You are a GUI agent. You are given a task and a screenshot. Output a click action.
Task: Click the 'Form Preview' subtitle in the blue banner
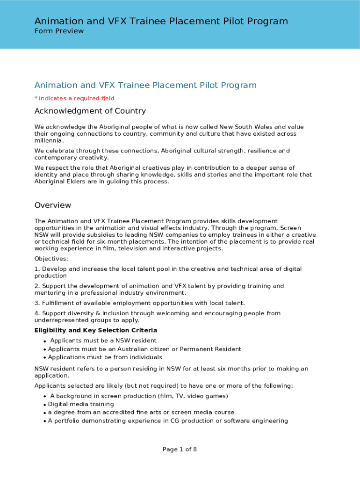coord(59,31)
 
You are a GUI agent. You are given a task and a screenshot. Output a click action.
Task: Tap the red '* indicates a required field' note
coord(74,98)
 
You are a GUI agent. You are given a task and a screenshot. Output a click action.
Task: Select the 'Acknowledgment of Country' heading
coord(90,111)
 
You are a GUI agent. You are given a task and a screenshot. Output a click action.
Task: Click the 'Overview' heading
coord(53,205)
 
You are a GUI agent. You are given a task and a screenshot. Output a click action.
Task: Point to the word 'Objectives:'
coord(51,259)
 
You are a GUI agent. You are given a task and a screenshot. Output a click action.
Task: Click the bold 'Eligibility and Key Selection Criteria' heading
coord(95,330)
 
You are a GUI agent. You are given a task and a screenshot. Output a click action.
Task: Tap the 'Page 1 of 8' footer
coord(180,450)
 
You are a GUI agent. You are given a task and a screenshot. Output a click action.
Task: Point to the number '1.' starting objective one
coord(37,269)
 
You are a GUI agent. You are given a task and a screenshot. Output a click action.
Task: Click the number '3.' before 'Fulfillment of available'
coord(37,303)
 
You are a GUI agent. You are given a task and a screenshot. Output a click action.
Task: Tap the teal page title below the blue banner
coord(145,85)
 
